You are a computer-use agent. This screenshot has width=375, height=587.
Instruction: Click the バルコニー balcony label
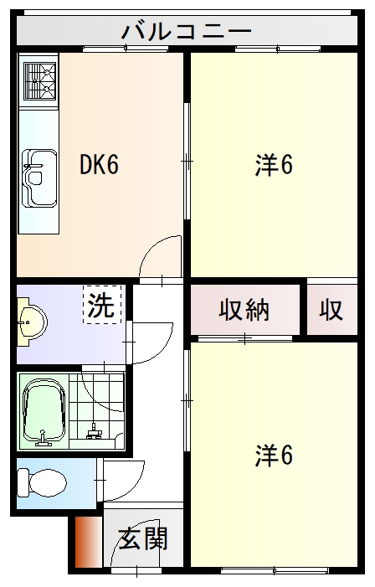click(187, 32)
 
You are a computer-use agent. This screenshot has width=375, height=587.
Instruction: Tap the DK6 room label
click(99, 165)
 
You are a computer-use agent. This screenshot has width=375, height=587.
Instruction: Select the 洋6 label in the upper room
click(274, 166)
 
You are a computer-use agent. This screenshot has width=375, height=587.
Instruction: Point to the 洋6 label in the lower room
click(274, 456)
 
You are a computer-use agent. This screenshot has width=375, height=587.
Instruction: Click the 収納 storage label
click(244, 310)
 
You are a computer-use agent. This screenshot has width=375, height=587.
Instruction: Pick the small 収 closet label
click(331, 310)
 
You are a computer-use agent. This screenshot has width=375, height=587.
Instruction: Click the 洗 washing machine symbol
click(102, 306)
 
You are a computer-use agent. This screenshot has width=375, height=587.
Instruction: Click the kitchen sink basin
click(39, 177)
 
